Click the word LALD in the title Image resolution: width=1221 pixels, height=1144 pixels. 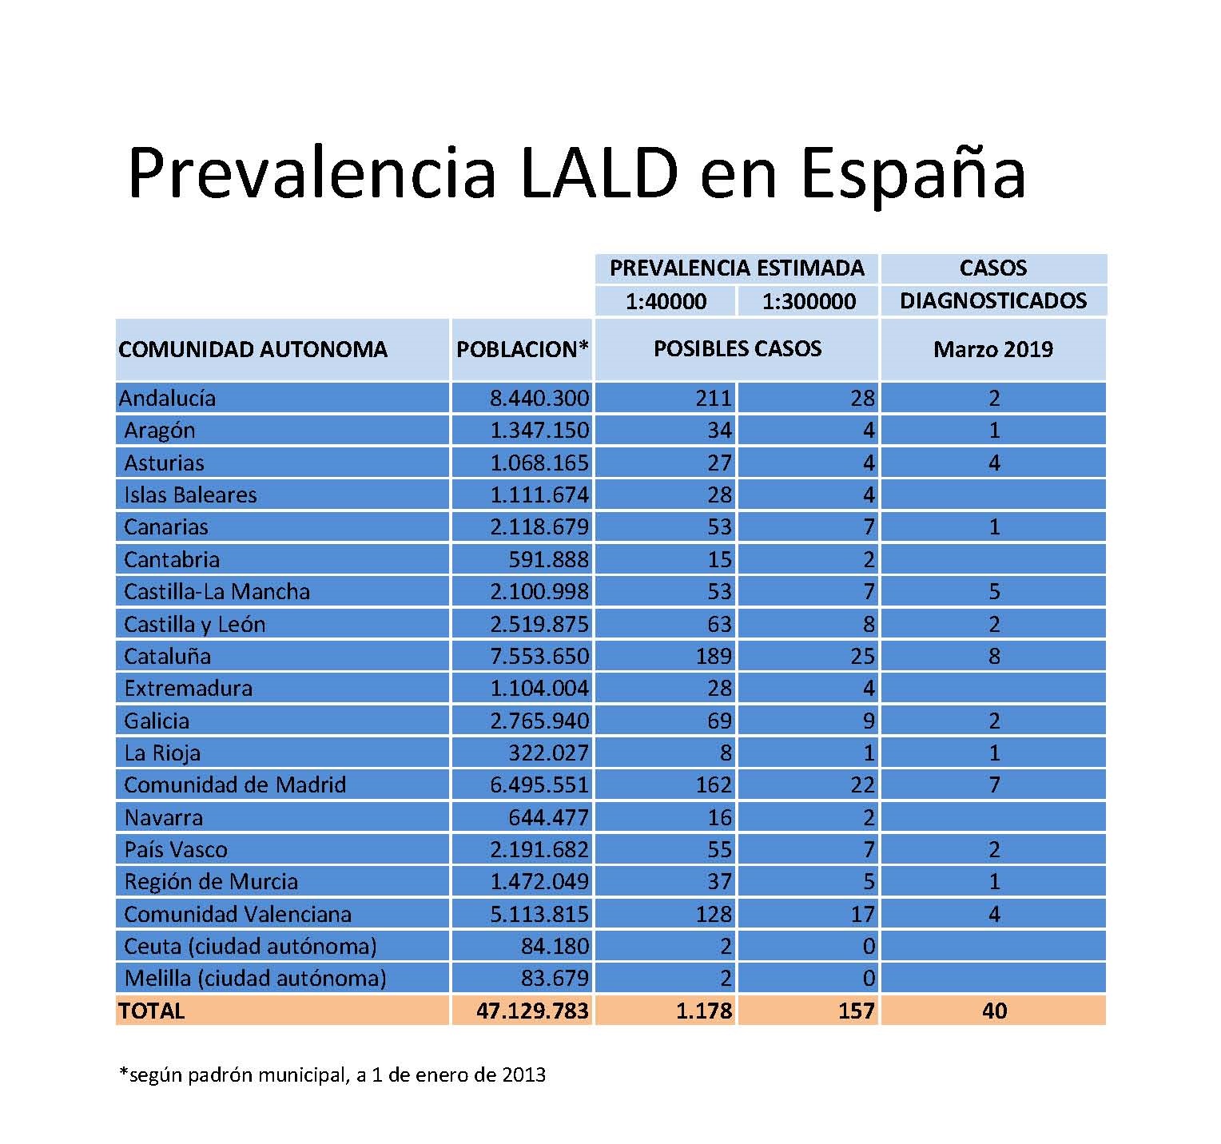click(x=599, y=173)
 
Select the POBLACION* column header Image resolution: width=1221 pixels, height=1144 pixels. click(x=523, y=349)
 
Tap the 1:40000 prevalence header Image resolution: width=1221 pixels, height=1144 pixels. click(x=666, y=301)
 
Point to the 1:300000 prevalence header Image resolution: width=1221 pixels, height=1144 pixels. click(x=809, y=301)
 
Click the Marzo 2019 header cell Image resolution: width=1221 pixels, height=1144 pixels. click(x=993, y=349)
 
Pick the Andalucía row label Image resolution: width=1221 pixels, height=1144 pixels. click(x=167, y=398)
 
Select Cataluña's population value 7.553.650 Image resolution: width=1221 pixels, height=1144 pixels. click(x=539, y=656)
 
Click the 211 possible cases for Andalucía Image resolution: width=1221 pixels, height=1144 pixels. click(x=714, y=398)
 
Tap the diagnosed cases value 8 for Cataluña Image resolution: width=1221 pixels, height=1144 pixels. click(x=994, y=656)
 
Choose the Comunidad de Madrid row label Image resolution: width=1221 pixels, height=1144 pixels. click(x=235, y=785)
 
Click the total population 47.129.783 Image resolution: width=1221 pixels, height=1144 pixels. click(x=533, y=1011)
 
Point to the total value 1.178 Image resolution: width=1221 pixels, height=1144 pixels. click(x=704, y=1011)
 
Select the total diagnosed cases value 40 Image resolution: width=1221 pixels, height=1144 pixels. click(x=994, y=1011)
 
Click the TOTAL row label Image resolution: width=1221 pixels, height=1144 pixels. click(x=152, y=1011)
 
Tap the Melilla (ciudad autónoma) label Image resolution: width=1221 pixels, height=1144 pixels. click(x=255, y=978)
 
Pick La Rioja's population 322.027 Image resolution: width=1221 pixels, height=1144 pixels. click(x=548, y=753)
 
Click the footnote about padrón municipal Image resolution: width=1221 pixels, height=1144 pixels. click(x=332, y=1074)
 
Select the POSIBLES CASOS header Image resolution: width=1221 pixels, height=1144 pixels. click(x=738, y=348)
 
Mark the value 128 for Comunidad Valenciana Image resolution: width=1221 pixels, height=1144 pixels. click(x=714, y=914)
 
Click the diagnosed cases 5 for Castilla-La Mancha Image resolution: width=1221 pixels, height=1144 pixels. click(x=994, y=591)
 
